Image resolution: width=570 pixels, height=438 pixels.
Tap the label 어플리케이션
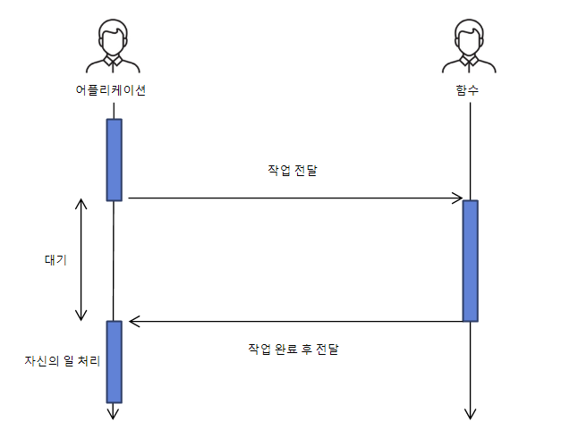tap(111, 90)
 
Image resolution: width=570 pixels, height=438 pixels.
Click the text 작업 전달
tap(293, 171)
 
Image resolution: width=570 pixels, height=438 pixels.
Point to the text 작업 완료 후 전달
tap(294, 349)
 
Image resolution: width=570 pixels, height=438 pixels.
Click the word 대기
tap(55, 260)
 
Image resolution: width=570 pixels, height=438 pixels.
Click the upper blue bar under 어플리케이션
tap(114, 159)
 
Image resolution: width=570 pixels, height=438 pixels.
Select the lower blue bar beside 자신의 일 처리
tap(114, 361)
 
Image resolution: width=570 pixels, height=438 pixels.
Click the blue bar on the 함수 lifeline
tap(470, 260)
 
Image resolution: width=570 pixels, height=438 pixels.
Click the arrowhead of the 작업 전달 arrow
tap(457, 198)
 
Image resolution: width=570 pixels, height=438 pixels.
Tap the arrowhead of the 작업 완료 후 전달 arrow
tap(134, 321)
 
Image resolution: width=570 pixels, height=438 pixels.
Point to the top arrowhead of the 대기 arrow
tap(81, 203)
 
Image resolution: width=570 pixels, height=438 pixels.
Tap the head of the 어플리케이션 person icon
tap(112, 37)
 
